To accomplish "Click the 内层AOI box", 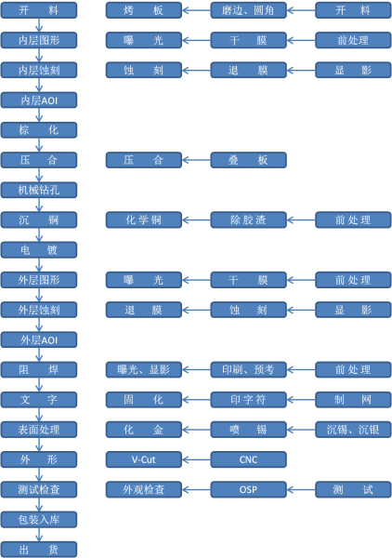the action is (39, 100).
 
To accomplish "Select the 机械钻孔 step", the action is (39, 190).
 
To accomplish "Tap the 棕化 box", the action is (39, 130).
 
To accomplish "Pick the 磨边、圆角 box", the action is (248, 10).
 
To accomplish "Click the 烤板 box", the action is (144, 10).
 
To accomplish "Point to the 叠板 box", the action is (248, 160).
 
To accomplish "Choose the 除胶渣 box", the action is (248, 219).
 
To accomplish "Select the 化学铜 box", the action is (144, 219).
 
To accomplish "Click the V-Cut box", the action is (144, 459).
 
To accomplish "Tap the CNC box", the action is (248, 459).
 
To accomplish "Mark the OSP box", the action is (248, 489).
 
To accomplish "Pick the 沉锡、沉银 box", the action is (353, 430).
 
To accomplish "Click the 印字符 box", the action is (248, 400).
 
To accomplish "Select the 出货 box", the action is (39, 549).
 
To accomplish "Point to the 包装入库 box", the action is (39, 519).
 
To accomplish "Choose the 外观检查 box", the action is (144, 489).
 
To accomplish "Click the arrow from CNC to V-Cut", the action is (197, 459).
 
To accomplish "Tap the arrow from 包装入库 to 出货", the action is (39, 534).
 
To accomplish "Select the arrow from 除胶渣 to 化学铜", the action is (197, 219).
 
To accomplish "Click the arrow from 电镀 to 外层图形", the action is (39, 265).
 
